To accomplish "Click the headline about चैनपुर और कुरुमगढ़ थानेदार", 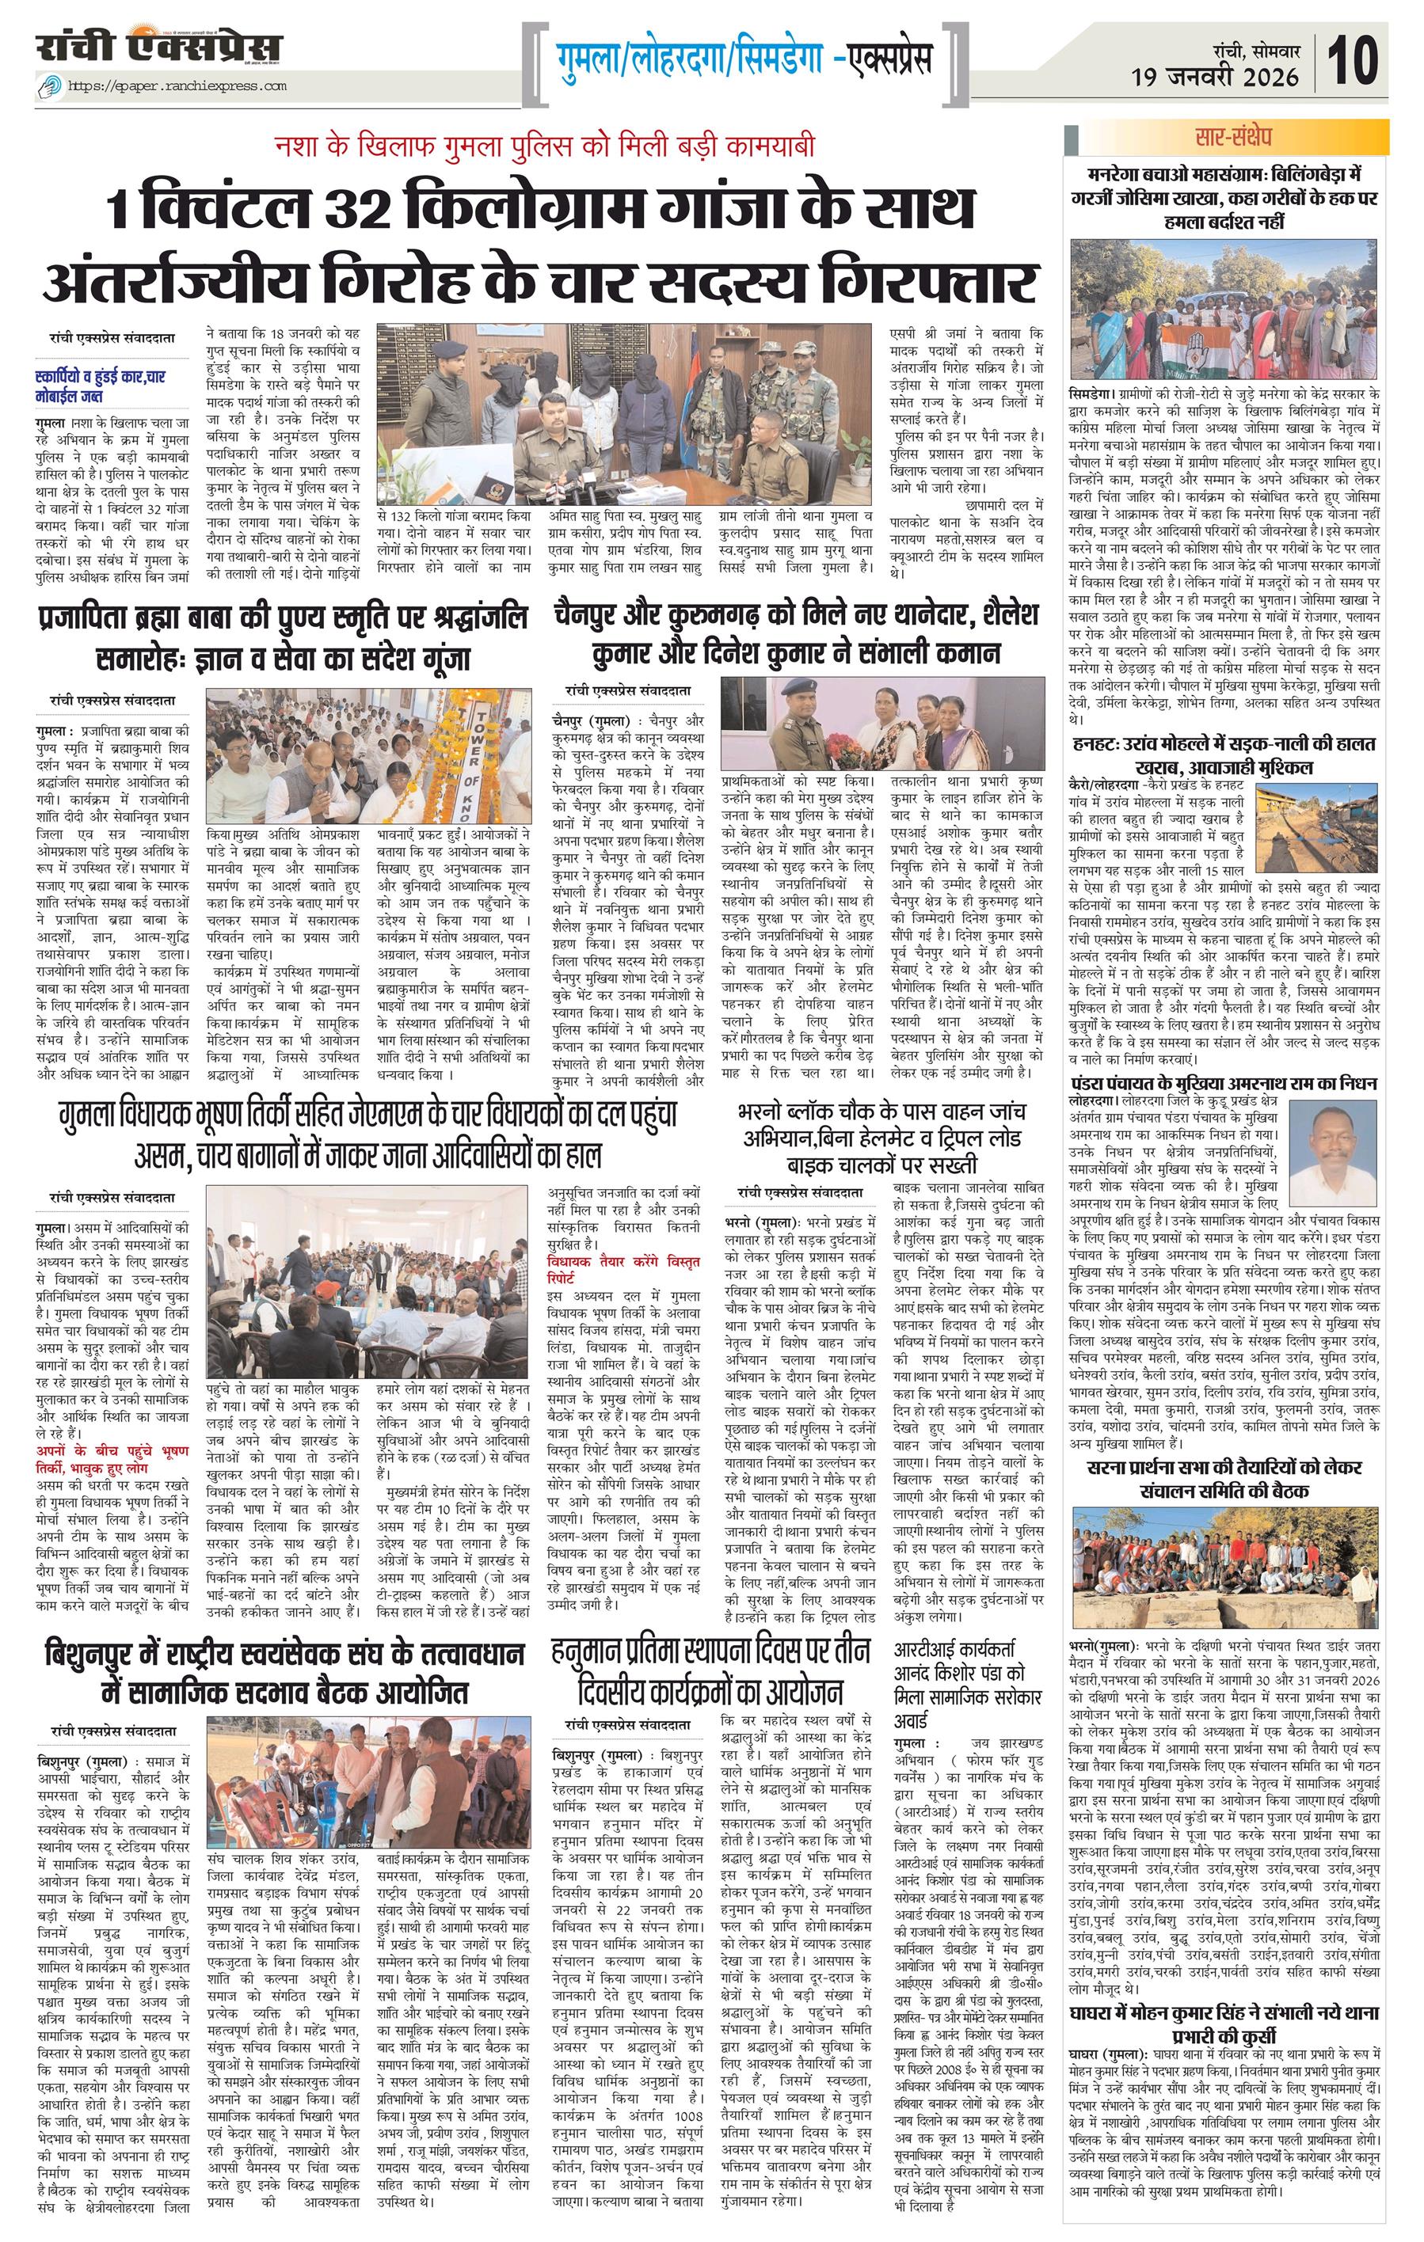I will [x=794, y=633].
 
